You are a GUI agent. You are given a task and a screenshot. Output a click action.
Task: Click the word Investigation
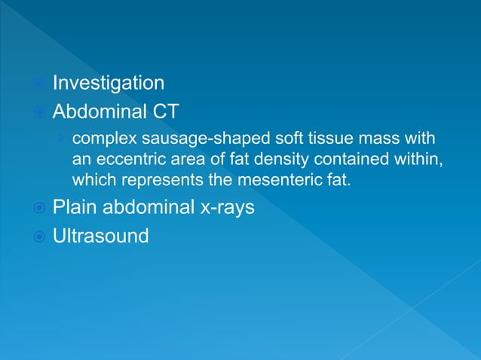pos(108,83)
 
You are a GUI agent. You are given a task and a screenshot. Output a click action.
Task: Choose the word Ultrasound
pos(100,236)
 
